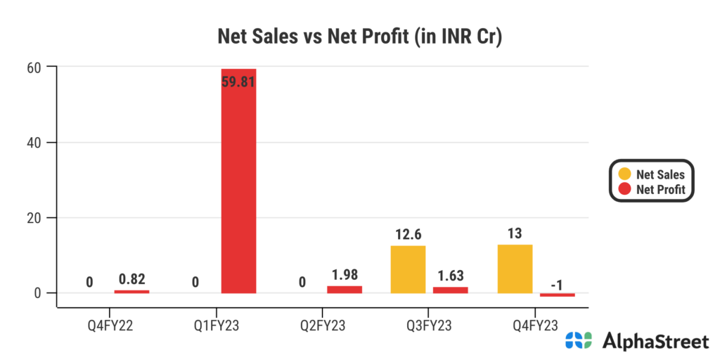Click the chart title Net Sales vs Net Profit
[x=359, y=37]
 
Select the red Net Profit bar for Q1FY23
[x=238, y=181]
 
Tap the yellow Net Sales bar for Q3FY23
[x=408, y=269]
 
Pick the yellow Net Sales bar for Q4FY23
[x=515, y=269]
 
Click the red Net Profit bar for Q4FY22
[x=131, y=291]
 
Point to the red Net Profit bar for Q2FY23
[x=345, y=289]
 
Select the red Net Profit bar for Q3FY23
[x=451, y=290]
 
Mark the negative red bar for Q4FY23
[x=558, y=295]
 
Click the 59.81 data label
[x=238, y=82]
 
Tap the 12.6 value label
[x=408, y=233]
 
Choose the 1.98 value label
[x=345, y=274]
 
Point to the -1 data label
[x=558, y=284]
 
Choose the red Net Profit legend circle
[x=624, y=188]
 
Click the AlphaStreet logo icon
[x=579, y=341]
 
